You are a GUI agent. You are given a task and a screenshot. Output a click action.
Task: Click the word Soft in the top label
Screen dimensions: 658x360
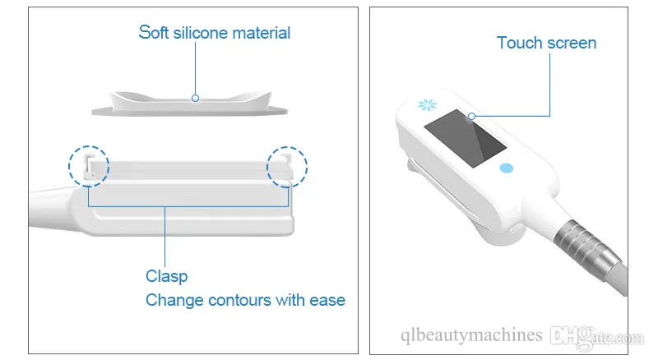pos(153,33)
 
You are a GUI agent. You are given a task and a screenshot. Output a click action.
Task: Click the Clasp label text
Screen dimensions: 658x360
pos(167,276)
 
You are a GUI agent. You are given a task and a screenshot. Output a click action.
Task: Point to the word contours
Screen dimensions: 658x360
pos(239,301)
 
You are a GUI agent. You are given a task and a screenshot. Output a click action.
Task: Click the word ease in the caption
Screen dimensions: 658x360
pos(327,301)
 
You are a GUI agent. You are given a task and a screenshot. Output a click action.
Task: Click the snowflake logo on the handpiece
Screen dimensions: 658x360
pos(427,104)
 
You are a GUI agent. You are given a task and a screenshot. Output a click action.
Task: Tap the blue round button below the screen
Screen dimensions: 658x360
pos(507,168)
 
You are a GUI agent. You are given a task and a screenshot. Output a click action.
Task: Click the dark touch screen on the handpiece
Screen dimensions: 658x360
pos(465,139)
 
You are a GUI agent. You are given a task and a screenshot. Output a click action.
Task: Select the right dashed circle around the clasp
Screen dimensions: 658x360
pos(266,167)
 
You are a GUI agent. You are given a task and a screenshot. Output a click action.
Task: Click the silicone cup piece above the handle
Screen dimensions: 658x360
pos(190,106)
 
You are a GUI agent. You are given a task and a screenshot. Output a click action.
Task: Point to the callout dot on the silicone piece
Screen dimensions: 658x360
pos(195,98)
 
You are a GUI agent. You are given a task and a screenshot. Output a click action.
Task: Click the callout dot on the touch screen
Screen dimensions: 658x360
pos(471,116)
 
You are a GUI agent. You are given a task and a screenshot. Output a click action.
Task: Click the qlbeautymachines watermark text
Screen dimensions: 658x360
pos(471,335)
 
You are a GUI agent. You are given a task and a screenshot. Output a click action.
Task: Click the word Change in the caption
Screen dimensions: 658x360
pos(174,301)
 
